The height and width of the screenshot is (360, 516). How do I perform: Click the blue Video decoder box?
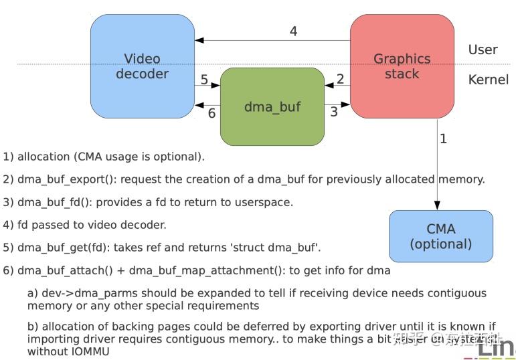click(x=142, y=66)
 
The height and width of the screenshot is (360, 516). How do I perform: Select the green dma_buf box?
click(x=272, y=106)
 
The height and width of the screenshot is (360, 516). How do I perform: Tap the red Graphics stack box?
click(x=402, y=66)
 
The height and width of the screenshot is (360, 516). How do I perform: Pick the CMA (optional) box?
click(x=440, y=236)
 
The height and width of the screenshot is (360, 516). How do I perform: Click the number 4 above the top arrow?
click(x=293, y=31)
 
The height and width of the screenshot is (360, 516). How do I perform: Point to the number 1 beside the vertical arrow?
click(x=443, y=139)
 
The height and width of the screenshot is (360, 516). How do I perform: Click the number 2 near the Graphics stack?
click(x=340, y=79)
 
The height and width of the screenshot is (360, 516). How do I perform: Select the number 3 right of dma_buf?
click(x=334, y=112)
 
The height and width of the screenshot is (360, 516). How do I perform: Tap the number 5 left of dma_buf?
click(x=204, y=79)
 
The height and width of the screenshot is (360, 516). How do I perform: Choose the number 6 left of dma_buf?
click(x=211, y=113)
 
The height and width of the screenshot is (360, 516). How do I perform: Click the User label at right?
click(x=483, y=50)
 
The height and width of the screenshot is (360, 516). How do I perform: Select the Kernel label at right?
click(x=488, y=80)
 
